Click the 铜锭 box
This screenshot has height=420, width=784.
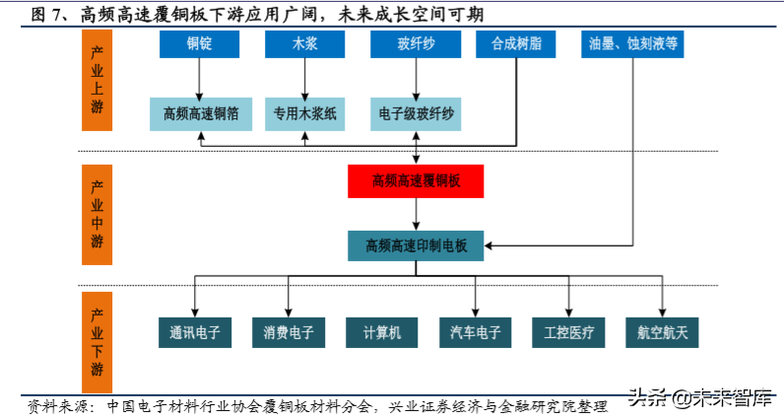tap(200, 45)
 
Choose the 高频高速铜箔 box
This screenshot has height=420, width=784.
tap(201, 113)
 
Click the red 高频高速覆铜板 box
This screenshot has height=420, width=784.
tap(416, 180)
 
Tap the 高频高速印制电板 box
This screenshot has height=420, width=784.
tap(416, 245)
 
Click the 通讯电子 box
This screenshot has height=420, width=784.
tap(194, 332)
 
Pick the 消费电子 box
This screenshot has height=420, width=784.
tap(288, 332)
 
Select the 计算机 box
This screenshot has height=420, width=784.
tap(381, 332)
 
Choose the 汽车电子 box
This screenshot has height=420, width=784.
tap(476, 332)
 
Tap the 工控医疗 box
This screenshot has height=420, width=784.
tap(568, 332)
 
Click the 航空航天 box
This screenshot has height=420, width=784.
tap(662, 332)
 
